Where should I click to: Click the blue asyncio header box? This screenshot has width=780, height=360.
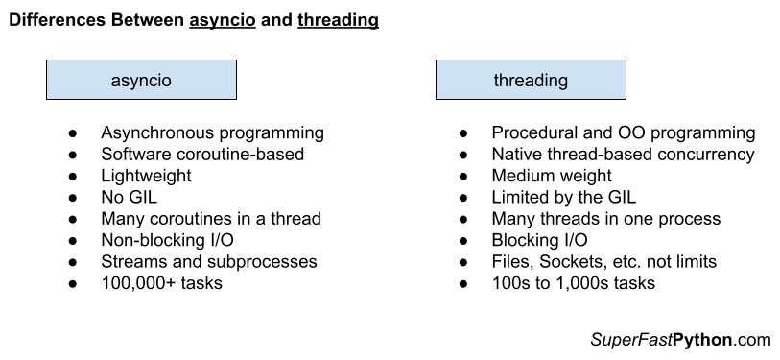coord(141,81)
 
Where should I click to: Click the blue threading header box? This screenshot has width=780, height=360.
coord(531,81)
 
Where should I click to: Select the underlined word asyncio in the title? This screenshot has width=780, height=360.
coord(223,20)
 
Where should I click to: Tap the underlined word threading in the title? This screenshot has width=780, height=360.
coord(338,20)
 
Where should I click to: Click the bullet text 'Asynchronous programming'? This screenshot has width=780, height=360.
coord(212,133)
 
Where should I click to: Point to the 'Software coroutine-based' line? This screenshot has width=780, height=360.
coord(201,155)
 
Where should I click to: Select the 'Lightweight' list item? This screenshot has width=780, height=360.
coord(146,176)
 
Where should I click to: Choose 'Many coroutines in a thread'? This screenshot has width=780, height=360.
coord(210,219)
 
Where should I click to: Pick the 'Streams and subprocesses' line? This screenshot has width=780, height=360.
coord(208,261)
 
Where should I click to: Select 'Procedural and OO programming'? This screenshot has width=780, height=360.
coord(623,133)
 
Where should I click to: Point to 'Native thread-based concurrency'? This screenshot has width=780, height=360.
coord(623,155)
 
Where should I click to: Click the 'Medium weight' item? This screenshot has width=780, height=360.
coord(551,176)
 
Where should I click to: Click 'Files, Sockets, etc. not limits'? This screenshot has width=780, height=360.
coord(603,261)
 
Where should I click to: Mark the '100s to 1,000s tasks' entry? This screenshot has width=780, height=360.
coord(574,283)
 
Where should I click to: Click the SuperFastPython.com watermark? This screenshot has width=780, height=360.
coord(680,340)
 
